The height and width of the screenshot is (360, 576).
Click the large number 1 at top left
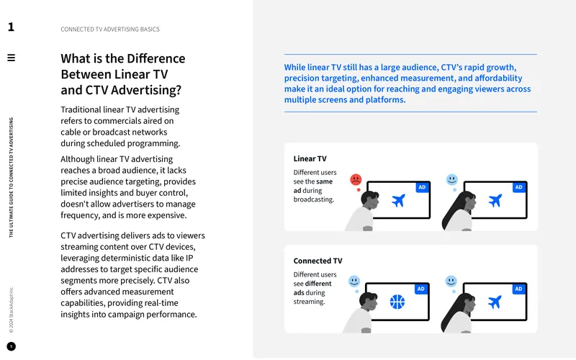click(x=11, y=27)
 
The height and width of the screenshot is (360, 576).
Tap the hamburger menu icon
click(x=12, y=58)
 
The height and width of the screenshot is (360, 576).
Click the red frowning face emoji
click(x=356, y=179)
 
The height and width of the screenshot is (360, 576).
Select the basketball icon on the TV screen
click(x=397, y=302)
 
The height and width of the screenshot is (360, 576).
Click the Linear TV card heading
click(x=310, y=158)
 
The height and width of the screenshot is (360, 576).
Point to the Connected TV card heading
click(x=318, y=261)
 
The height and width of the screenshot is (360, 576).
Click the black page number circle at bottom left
click(x=12, y=346)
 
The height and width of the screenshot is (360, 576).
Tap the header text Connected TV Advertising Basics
click(x=110, y=30)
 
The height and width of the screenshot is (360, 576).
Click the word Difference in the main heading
click(x=156, y=58)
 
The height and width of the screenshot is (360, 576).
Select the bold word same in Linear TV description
click(x=325, y=181)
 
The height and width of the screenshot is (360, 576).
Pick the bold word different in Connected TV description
click(x=318, y=284)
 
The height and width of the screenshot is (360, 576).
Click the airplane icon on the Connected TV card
click(x=495, y=302)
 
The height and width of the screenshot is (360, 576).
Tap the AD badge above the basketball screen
click(x=421, y=289)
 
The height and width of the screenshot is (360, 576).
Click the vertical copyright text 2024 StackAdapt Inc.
click(x=12, y=310)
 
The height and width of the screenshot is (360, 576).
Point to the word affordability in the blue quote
click(x=498, y=78)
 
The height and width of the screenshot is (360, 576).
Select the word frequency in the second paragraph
click(x=80, y=215)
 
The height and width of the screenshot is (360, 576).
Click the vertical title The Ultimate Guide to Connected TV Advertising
click(x=12, y=177)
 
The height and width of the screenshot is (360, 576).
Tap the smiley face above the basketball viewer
click(x=354, y=282)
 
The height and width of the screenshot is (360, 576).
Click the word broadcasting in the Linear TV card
click(x=314, y=199)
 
